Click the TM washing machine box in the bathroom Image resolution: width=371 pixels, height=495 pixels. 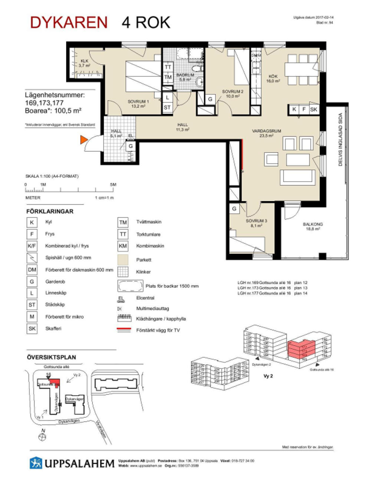tap(168, 77)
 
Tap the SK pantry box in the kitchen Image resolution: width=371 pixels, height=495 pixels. tap(313, 110)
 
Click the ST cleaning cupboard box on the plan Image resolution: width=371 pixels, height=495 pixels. tap(167, 107)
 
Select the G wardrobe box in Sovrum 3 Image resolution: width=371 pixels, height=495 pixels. tap(234, 209)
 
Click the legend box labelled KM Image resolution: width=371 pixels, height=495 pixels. tap(123, 246)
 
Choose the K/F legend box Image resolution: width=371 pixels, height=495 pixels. tap(32, 246)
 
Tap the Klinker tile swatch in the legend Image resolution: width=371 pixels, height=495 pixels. tap(123, 272)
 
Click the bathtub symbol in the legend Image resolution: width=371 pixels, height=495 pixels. tap(130, 286)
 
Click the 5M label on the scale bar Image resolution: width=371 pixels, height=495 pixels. tap(113, 185)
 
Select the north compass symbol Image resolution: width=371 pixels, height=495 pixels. tap(43, 437)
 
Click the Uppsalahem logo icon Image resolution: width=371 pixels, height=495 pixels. tap(36, 463)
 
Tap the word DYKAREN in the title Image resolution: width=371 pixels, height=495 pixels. tap(69, 23)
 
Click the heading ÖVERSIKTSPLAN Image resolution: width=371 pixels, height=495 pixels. tap(51, 357)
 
